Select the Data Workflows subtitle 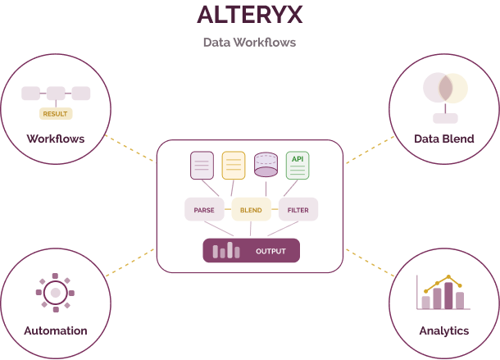(249, 42)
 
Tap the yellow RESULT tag (56, 113)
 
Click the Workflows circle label (56, 138)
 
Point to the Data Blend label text (444, 139)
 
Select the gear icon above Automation (55, 291)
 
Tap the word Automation (56, 330)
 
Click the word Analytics (443, 330)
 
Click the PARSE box (204, 210)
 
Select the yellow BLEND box (251, 210)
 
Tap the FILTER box (298, 210)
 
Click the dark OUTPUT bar (251, 250)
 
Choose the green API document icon (297, 166)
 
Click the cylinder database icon (266, 165)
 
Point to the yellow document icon (234, 166)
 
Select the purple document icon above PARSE (202, 166)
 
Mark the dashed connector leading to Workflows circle (131, 148)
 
